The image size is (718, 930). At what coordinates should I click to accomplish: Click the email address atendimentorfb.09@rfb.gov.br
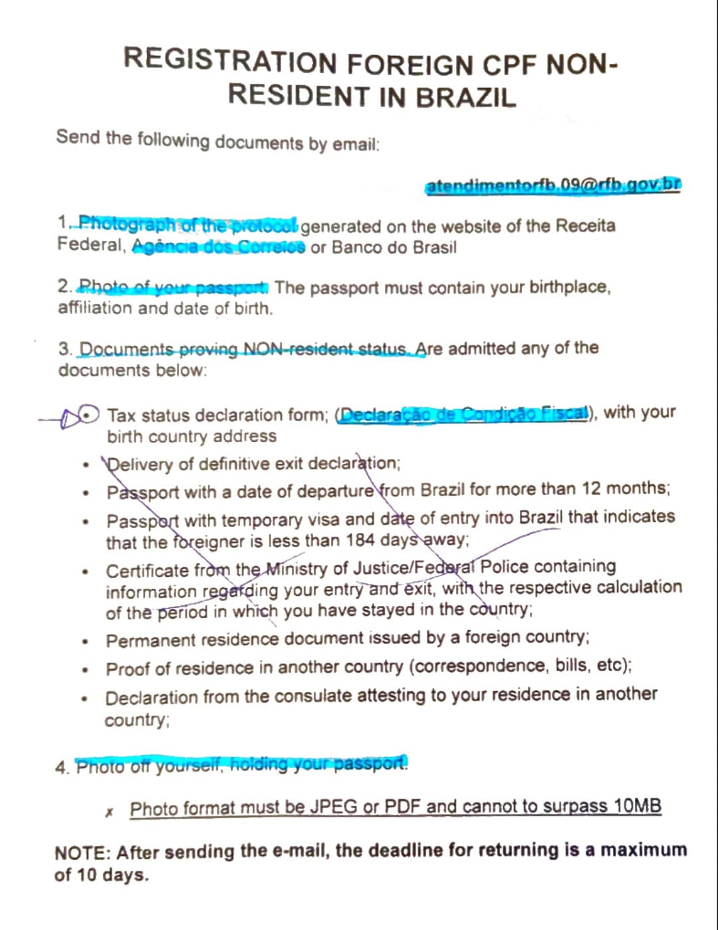[552, 186]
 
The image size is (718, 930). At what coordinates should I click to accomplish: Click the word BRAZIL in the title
[465, 97]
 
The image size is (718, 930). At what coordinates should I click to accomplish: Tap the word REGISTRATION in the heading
[230, 61]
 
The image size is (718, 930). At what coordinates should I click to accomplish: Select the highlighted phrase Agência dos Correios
[219, 247]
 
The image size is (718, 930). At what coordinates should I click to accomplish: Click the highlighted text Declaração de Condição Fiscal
[464, 414]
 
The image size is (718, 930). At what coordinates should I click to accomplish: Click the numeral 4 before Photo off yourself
[61, 768]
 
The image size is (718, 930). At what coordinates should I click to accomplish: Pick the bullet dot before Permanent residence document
[85, 642]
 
